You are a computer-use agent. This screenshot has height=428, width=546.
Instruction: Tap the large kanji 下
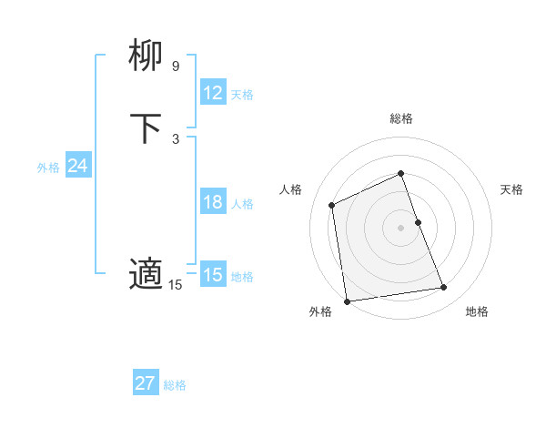(x=147, y=129)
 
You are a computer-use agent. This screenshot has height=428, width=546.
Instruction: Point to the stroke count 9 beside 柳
(x=175, y=66)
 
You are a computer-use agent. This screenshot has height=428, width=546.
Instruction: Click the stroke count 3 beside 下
(x=175, y=138)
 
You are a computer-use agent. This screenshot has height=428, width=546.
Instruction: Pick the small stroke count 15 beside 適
(x=175, y=285)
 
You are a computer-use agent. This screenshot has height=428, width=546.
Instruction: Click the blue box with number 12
(x=212, y=93)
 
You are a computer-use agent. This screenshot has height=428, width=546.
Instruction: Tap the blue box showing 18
(x=212, y=202)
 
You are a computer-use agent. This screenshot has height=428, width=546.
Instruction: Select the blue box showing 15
(x=212, y=275)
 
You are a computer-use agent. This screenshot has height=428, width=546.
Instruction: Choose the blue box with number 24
(x=77, y=166)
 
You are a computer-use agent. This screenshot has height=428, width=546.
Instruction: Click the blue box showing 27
(x=145, y=383)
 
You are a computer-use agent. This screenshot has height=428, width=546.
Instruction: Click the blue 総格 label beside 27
(x=175, y=385)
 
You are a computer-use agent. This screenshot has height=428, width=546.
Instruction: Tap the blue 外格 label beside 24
(x=48, y=168)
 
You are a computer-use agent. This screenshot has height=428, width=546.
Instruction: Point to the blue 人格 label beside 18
(x=243, y=204)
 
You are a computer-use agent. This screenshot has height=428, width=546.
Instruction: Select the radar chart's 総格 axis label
(x=400, y=118)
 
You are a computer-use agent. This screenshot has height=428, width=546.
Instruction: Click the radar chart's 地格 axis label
(x=477, y=311)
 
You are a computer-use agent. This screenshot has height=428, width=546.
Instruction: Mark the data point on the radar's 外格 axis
(x=347, y=301)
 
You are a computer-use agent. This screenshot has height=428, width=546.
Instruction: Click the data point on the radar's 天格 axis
(x=418, y=222)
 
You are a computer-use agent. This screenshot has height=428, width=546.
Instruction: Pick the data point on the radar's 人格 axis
(x=332, y=205)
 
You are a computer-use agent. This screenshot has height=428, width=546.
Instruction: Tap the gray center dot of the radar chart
(x=400, y=228)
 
